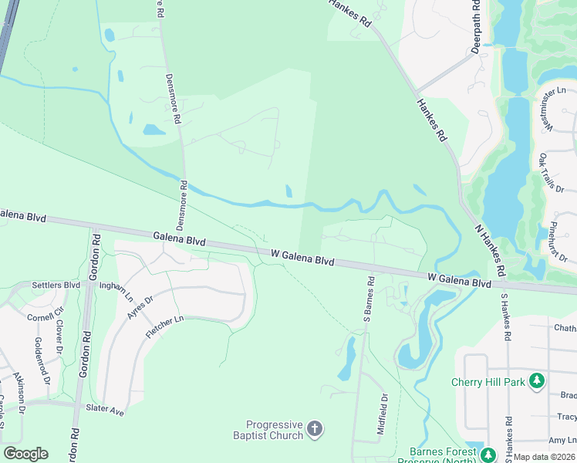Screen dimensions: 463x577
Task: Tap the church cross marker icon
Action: (x=314, y=429)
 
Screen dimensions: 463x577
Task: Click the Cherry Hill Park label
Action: (x=489, y=381)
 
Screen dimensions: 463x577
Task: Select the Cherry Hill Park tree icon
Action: (x=537, y=380)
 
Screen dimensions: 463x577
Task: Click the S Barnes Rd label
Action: (x=368, y=300)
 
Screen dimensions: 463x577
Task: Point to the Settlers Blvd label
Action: (x=56, y=285)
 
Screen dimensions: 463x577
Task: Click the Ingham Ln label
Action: (x=116, y=291)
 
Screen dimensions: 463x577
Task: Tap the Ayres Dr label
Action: (x=136, y=308)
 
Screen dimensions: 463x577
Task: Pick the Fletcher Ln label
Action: (x=164, y=329)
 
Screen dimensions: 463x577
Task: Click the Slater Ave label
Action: (x=105, y=411)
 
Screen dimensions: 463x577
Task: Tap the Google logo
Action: (x=25, y=454)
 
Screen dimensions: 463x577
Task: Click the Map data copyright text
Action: (x=544, y=457)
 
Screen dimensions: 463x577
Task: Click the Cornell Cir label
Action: (x=39, y=316)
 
